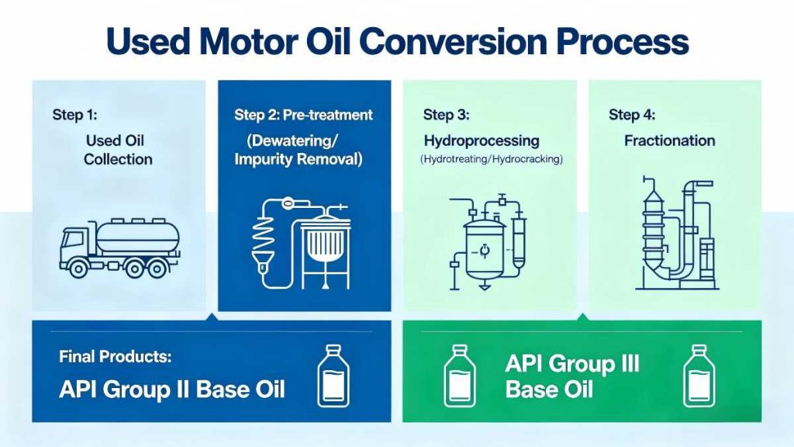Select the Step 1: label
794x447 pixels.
tap(75, 115)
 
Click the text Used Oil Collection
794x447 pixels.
tap(118, 150)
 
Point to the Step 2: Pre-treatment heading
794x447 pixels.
tap(303, 115)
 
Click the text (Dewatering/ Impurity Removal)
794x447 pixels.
tap(304, 150)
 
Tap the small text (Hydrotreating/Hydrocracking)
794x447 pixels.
tap(491, 159)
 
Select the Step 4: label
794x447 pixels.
tap(631, 115)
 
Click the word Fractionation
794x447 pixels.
tap(669, 140)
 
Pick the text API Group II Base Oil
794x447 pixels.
tap(172, 389)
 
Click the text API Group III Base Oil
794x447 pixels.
tap(572, 375)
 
